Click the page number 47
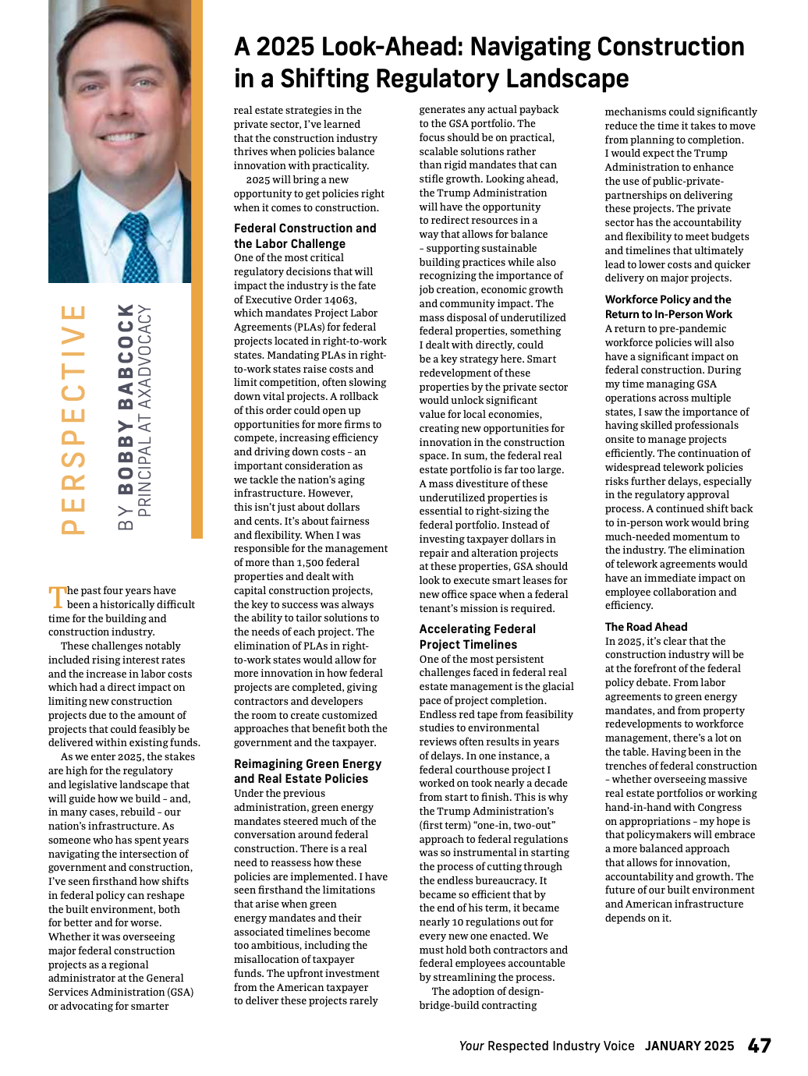point(759,1046)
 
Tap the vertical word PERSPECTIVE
point(73,419)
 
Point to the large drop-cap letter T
point(57,596)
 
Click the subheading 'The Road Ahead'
point(646,627)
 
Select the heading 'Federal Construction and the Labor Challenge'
point(305,235)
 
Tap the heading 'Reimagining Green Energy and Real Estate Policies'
point(307,771)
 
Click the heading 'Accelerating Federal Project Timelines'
point(477,636)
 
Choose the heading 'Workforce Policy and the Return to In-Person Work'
point(668,306)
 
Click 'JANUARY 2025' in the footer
point(689,1046)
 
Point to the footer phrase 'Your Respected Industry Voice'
point(547,1046)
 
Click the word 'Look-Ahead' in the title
point(388,48)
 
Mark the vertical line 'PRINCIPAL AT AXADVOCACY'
point(144,411)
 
